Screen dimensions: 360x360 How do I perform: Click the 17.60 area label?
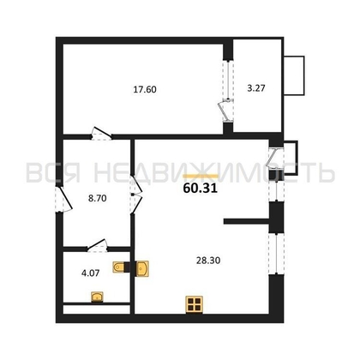(145, 89)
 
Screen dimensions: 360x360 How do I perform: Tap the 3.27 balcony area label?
(256, 88)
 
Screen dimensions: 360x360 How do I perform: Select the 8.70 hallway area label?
(98, 198)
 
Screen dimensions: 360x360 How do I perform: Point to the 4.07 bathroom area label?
(91, 273)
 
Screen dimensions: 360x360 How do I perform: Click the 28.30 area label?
(208, 261)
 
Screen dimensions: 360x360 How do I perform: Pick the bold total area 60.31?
(201, 188)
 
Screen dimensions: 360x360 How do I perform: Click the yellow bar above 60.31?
(201, 176)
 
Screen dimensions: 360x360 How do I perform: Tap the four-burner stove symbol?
(194, 304)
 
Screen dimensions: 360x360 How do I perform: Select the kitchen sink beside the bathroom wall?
(142, 268)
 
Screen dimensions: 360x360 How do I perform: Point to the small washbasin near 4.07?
(97, 297)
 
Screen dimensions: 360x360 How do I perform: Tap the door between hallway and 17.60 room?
(101, 134)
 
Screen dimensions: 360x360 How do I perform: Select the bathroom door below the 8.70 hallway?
(97, 246)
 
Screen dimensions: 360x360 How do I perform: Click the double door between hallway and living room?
(135, 195)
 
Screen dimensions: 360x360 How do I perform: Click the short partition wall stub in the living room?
(246, 221)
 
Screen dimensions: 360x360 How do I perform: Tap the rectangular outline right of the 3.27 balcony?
(294, 75)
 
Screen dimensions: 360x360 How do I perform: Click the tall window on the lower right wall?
(276, 254)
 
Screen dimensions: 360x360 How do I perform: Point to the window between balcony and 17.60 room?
(228, 80)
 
